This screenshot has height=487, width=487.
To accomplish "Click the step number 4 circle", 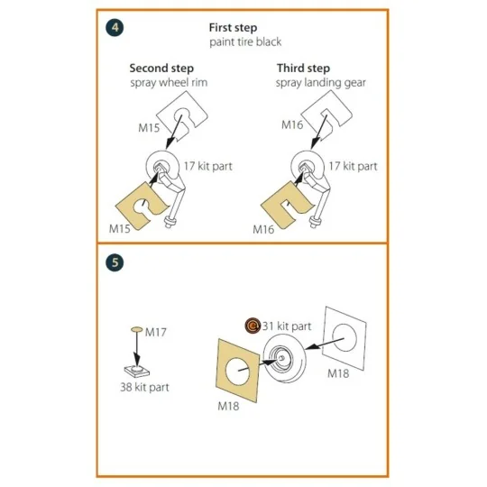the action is (115, 28).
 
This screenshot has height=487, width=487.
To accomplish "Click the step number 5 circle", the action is (115, 262).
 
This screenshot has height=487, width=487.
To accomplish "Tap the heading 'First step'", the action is (233, 28).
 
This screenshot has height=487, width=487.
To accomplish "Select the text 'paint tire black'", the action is (245, 41).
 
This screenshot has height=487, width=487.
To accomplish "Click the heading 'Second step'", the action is (161, 69).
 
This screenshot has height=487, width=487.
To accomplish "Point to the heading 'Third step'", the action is (303, 69).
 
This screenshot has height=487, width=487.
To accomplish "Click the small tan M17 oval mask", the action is (137, 329).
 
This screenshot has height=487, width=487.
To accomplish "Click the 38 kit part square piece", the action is (137, 370).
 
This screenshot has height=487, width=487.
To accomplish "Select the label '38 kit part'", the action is (144, 387).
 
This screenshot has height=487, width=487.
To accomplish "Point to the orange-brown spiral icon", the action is (253, 326).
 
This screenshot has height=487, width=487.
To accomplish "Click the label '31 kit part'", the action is (287, 326).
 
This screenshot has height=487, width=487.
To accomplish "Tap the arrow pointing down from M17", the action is (136, 347).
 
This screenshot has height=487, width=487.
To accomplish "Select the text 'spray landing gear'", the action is (321, 83).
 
